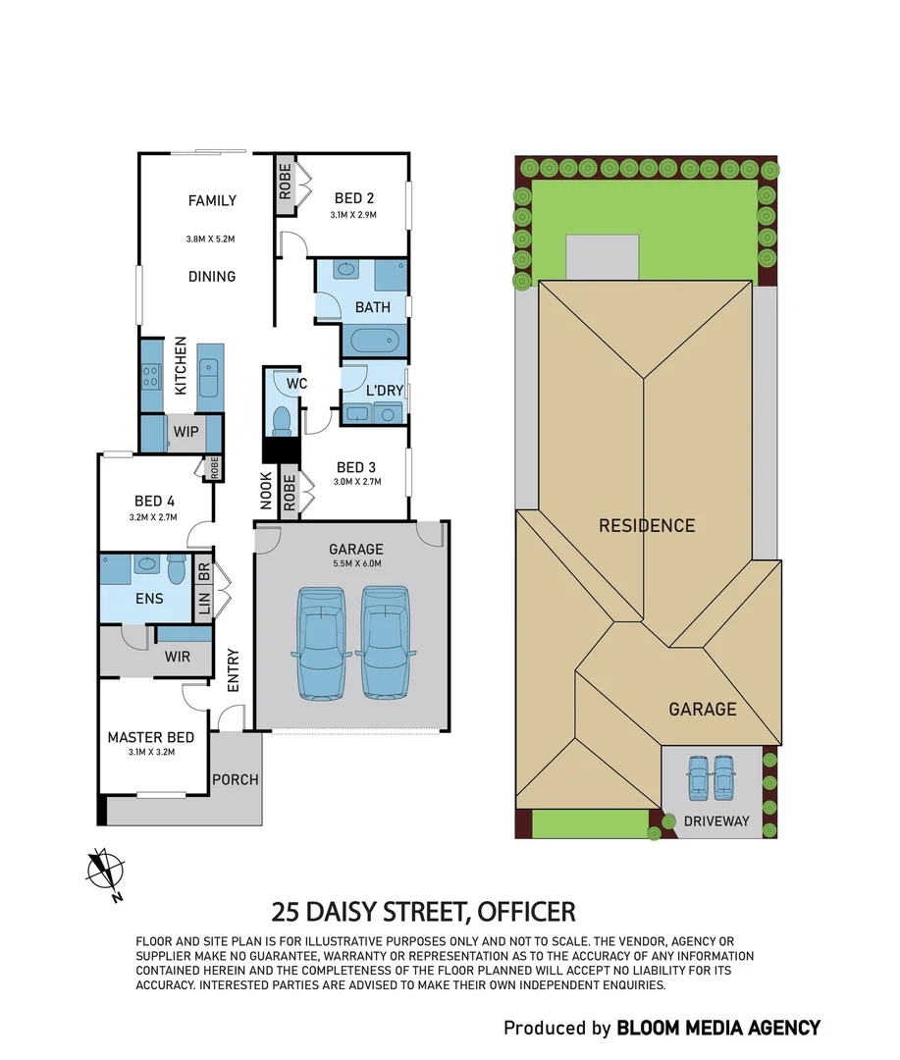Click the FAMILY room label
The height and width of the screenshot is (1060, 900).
(212, 201)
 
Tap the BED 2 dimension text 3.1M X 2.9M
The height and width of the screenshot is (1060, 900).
(353, 214)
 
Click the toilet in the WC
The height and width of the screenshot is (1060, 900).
(281, 419)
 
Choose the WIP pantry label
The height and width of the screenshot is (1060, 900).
(185, 431)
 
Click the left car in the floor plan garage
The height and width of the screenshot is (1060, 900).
(319, 642)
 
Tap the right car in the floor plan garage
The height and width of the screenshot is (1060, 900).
(384, 642)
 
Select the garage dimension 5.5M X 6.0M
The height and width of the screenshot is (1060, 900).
(355, 563)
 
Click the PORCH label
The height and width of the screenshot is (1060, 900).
(236, 780)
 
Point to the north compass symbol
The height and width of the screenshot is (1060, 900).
(104, 871)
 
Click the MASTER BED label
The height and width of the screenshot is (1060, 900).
(150, 737)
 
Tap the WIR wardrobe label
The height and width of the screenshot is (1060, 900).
(177, 657)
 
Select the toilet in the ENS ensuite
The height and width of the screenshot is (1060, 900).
(177, 569)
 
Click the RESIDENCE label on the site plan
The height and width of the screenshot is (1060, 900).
(647, 525)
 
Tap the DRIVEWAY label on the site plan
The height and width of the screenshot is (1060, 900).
(716, 821)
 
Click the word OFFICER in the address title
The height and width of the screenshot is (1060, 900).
(526, 912)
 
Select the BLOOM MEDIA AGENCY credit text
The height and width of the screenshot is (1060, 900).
(717, 1028)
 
